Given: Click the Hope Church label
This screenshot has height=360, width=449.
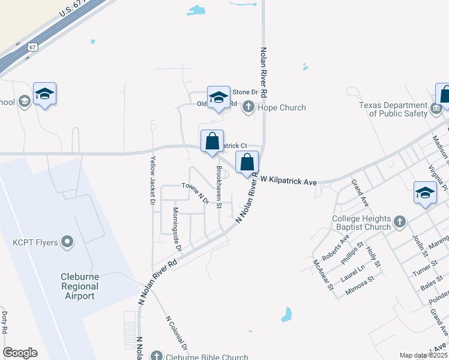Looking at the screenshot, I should (x=282, y=108).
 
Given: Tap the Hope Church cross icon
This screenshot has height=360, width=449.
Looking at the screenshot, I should (x=248, y=107).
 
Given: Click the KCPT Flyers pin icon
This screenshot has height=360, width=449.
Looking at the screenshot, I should (x=67, y=242).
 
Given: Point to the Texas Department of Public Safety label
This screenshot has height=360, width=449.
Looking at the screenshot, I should (x=394, y=109).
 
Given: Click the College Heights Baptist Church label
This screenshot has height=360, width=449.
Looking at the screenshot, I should (x=361, y=223).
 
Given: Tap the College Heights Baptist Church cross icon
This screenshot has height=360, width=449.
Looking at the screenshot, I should (x=400, y=223).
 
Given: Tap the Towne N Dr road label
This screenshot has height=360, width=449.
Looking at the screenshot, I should (x=195, y=193).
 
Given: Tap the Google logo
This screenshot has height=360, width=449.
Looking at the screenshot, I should (x=20, y=353).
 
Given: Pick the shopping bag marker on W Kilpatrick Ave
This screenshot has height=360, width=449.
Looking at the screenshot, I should (x=247, y=162).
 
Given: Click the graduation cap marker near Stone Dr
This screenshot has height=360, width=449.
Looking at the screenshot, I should (x=218, y=97).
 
